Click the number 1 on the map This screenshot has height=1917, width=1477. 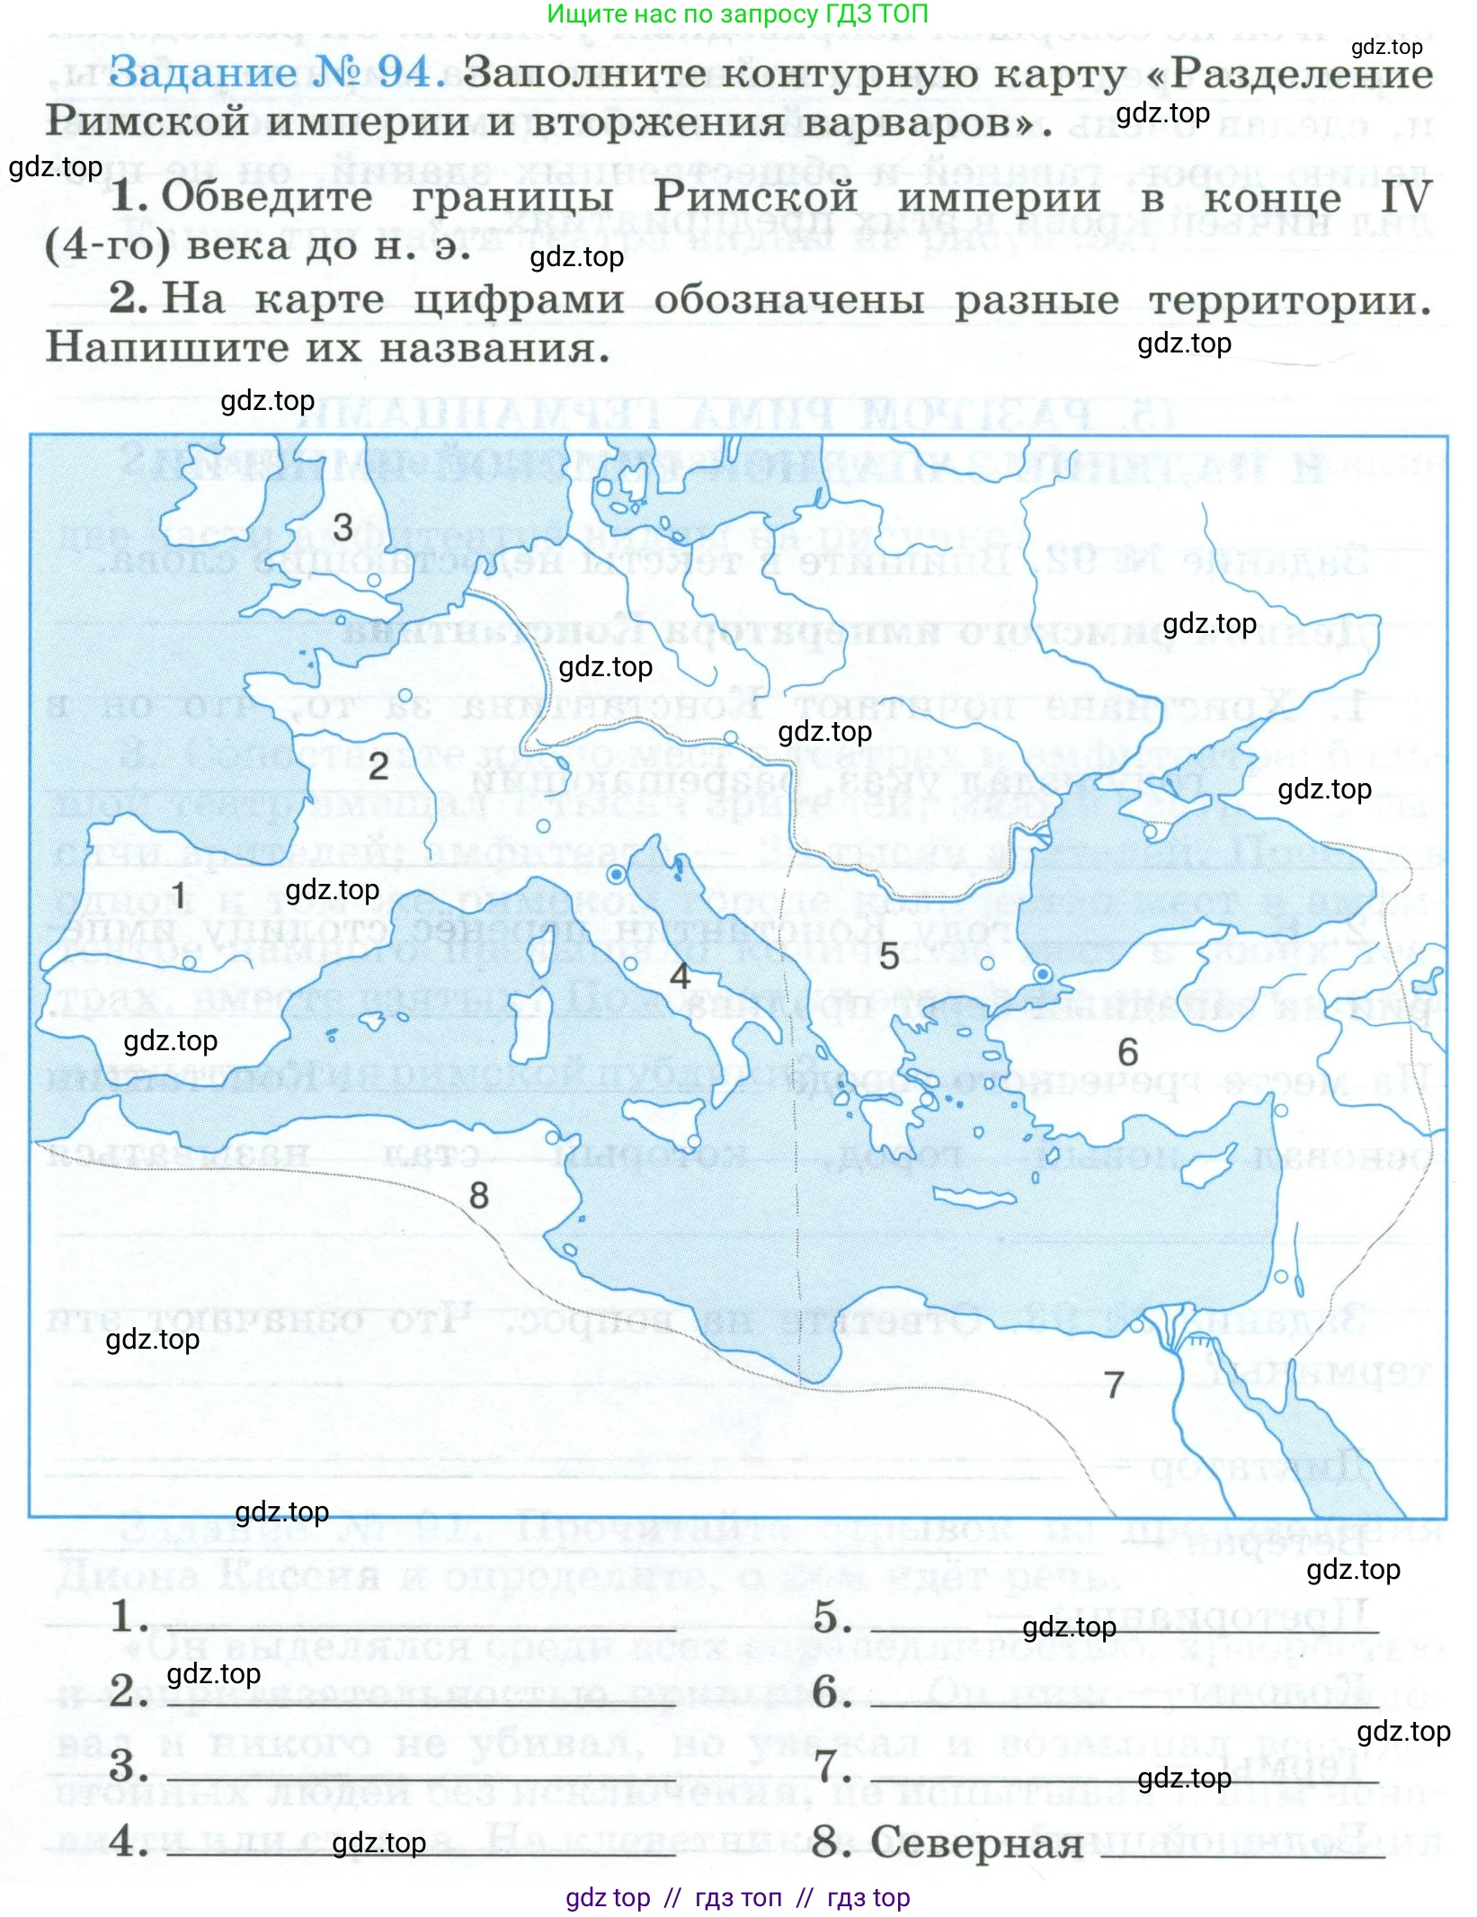click(x=179, y=896)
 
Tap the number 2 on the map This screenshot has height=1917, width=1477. click(x=378, y=766)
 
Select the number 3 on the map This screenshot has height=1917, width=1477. click(x=343, y=528)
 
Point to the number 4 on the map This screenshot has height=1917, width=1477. click(x=681, y=976)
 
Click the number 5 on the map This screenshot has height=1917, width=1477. click(x=889, y=957)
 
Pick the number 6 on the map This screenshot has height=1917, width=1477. click(x=1127, y=1052)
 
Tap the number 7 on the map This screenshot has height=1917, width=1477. click(x=1114, y=1385)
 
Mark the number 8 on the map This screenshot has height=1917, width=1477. click(x=479, y=1196)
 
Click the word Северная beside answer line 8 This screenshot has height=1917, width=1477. click(x=976, y=1843)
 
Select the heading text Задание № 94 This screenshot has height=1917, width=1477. click(x=275, y=72)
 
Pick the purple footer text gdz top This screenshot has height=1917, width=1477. click(x=608, y=1897)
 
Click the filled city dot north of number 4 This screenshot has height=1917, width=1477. click(x=617, y=874)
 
